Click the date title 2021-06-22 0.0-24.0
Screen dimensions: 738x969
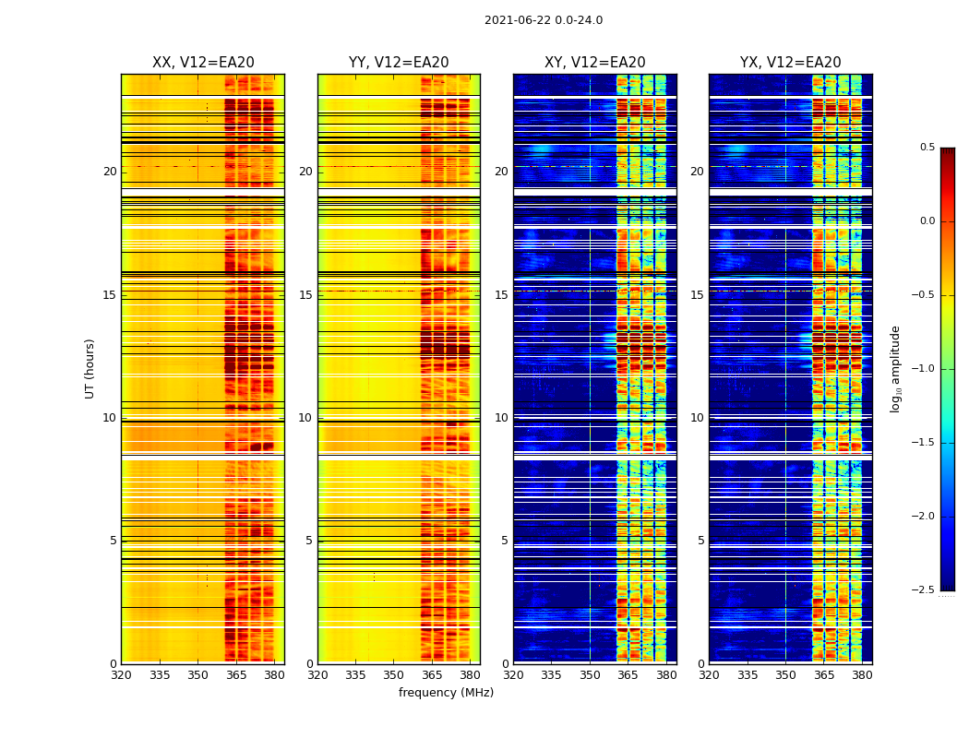(543, 20)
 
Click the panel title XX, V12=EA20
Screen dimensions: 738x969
(203, 63)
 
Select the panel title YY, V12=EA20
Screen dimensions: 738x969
(399, 63)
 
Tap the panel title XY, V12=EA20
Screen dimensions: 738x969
(594, 63)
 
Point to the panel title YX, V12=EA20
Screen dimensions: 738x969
(790, 63)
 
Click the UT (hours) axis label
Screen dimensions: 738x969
(90, 368)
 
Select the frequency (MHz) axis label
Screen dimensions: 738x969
(446, 693)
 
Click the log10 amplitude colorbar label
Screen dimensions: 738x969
(894, 368)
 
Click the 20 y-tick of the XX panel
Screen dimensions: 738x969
(110, 172)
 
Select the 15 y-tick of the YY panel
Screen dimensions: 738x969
(305, 295)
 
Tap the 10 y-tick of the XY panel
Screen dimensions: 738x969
(501, 418)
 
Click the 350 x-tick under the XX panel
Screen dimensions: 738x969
(197, 674)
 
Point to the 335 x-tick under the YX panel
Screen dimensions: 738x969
(748, 674)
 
